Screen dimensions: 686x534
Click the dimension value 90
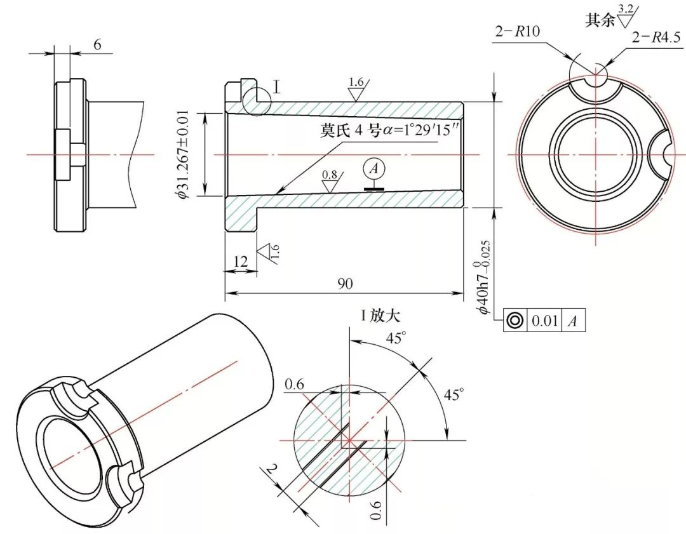click(345, 284)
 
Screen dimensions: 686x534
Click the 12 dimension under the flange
click(241, 262)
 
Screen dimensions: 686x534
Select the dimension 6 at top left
click(98, 44)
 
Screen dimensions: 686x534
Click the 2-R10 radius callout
click(518, 32)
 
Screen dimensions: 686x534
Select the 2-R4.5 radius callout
click(656, 37)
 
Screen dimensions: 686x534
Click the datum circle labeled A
click(373, 168)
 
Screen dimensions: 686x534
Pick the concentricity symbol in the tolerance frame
click(514, 321)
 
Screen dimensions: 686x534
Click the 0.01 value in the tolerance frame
click(545, 321)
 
